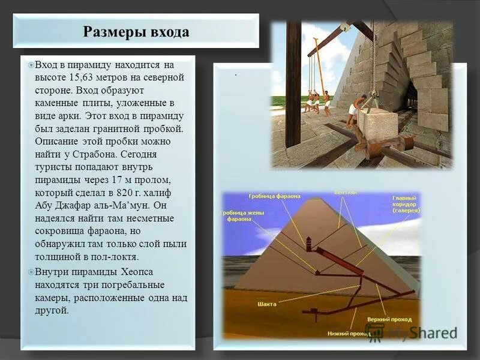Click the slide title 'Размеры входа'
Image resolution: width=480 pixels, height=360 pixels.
136,32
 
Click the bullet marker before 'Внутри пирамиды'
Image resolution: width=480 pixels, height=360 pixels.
32,272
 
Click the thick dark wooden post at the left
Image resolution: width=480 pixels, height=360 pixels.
293,84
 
